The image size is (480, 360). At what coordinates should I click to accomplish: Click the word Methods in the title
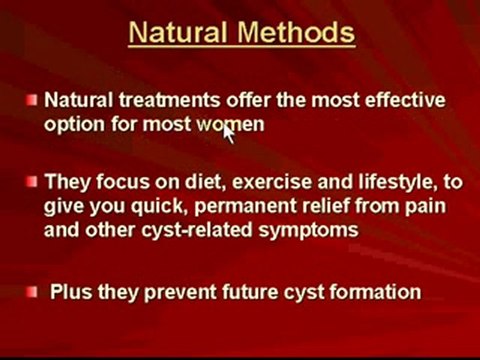(296, 33)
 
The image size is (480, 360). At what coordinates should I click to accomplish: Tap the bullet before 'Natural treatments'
(33, 100)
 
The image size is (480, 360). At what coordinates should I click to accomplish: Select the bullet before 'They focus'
(33, 182)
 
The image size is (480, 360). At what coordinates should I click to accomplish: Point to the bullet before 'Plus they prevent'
(33, 292)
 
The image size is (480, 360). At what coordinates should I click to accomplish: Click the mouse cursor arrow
(229, 134)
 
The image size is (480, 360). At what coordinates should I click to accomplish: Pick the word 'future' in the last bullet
(238, 293)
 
